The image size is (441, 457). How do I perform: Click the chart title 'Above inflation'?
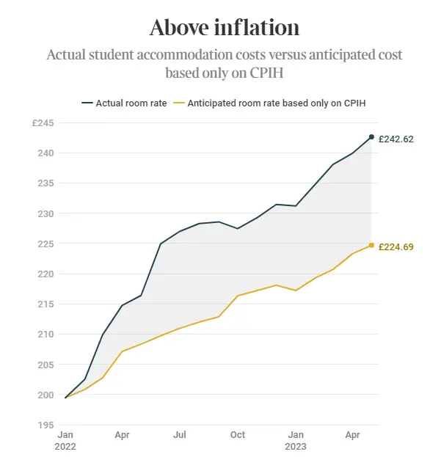pos(224,28)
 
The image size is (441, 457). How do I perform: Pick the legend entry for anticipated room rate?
pos(277,103)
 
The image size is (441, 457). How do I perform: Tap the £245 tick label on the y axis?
pos(43,123)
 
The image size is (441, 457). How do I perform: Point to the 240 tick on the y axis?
pos(45,153)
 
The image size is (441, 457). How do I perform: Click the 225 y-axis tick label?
pos(45,244)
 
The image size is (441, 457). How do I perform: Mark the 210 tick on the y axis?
pos(45,334)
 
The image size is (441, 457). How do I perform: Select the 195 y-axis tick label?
pos(45,425)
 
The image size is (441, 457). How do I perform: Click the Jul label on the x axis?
pos(180,434)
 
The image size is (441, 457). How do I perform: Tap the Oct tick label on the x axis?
pos(237,434)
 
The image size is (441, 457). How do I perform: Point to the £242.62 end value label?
pos(396,139)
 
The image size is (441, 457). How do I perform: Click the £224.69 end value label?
pos(396,247)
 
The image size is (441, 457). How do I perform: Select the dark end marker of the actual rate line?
pos(371,137)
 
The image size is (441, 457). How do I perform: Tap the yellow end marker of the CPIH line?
pos(371,245)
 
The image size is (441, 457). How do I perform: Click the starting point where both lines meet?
pos(66,398)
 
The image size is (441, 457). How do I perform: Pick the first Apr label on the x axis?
pos(123,434)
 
